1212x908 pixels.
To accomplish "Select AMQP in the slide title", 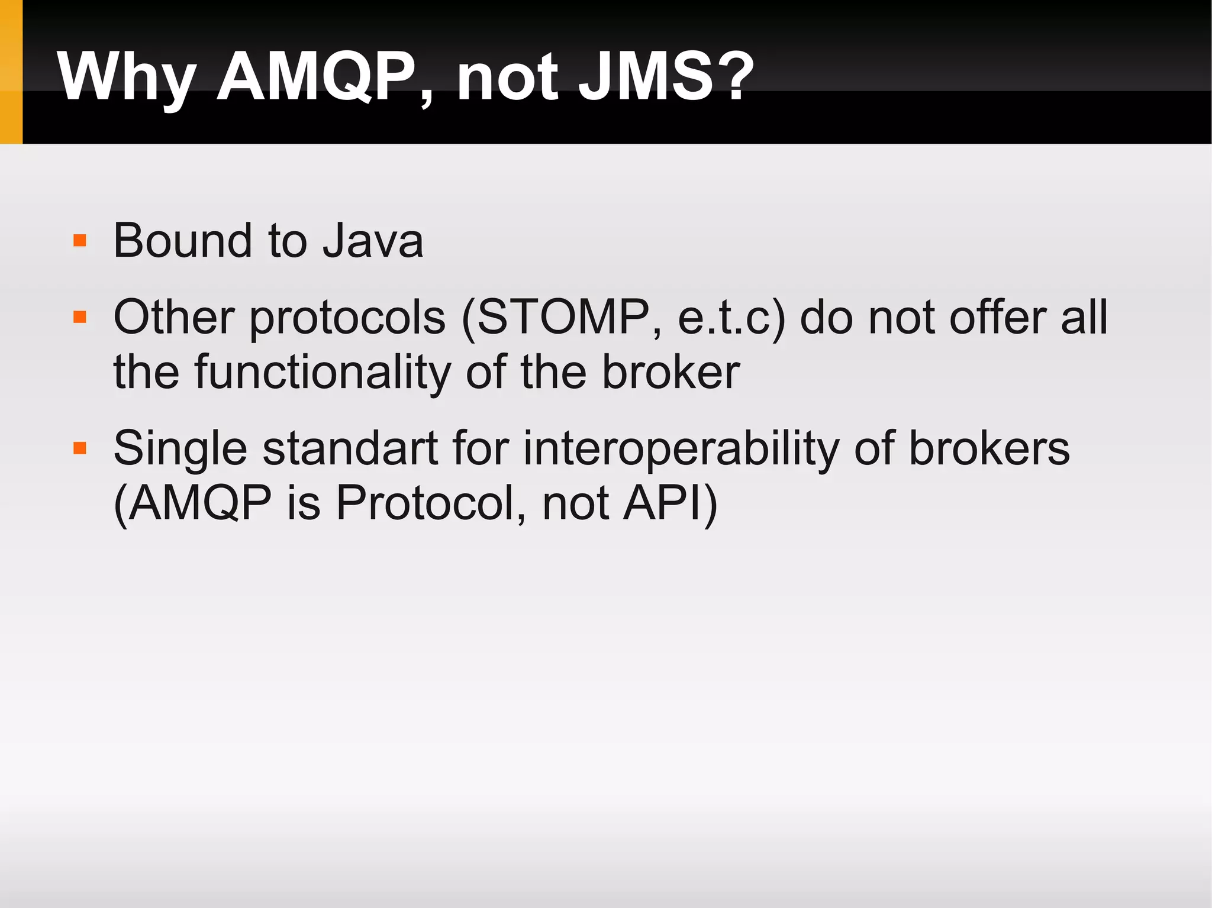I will coord(317,77).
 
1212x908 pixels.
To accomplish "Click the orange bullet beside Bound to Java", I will coord(80,241).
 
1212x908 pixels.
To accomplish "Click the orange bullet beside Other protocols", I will coord(80,318).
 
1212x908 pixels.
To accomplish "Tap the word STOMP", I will coord(562,318).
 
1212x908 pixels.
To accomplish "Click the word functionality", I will coord(323,373).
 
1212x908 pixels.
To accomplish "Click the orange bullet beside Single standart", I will coord(80,448).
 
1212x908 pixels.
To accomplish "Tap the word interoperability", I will coord(681,448).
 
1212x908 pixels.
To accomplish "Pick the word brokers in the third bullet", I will coord(989,448).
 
